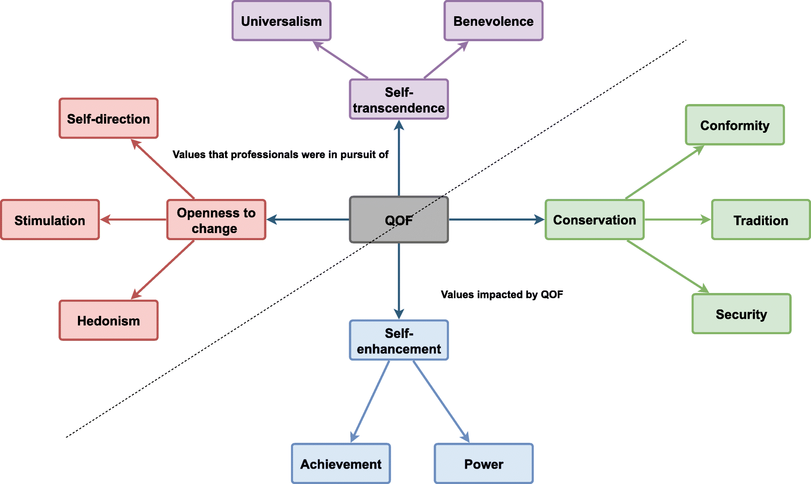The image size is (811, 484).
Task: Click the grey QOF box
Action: (399, 220)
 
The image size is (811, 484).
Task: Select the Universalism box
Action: (281, 21)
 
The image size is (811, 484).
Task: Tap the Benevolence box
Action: (493, 21)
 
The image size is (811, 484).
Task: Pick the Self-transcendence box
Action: (399, 99)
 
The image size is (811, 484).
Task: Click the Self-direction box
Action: (108, 119)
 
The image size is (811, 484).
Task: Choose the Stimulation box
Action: (50, 220)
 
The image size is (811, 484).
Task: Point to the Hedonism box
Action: (108, 320)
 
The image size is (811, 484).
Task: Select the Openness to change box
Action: (216, 220)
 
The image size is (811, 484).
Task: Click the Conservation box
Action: (594, 220)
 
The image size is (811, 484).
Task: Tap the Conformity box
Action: (735, 125)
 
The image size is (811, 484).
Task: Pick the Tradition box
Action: (761, 220)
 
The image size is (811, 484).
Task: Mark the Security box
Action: (741, 314)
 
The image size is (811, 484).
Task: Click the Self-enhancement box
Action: (399, 340)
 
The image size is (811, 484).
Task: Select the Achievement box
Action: (341, 464)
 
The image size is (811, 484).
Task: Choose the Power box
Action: (483, 464)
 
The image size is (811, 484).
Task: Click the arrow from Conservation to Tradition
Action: (677, 219)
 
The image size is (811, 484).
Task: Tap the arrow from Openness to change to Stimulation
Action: (133, 219)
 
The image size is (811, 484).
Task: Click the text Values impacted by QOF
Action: (502, 295)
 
